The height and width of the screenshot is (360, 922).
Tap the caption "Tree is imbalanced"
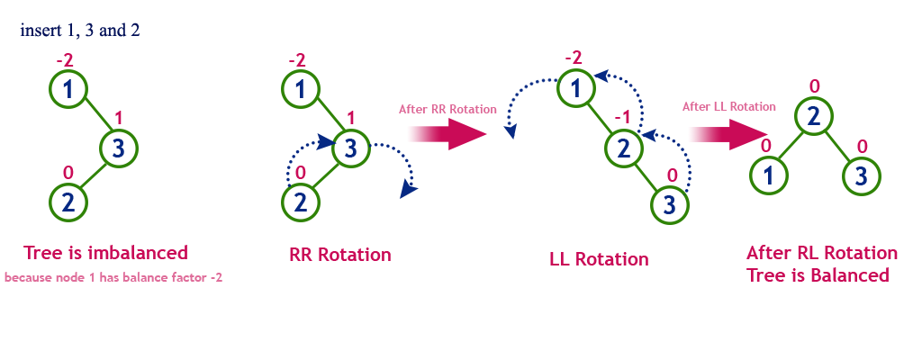pyautogui.click(x=105, y=253)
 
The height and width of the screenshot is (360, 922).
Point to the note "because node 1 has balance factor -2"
pyautogui.click(x=113, y=278)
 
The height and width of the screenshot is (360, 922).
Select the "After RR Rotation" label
pyautogui.click(x=447, y=109)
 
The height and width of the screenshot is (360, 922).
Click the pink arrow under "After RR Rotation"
pyautogui.click(x=447, y=134)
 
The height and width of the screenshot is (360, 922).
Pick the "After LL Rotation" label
pyautogui.click(x=729, y=106)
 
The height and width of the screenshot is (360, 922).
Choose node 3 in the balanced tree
pyautogui.click(x=860, y=175)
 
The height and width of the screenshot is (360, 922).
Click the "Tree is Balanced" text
pyautogui.click(x=818, y=275)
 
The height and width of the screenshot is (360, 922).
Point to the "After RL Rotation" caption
pyautogui.click(x=822, y=253)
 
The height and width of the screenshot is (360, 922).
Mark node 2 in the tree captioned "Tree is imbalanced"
pyautogui.click(x=70, y=202)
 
